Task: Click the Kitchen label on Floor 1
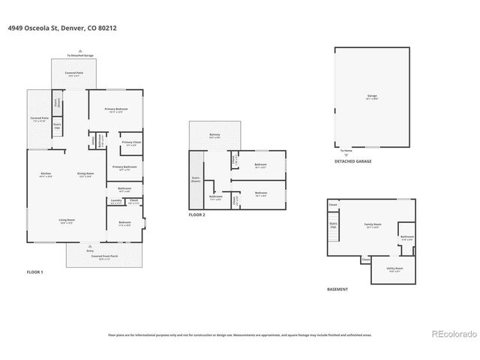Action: click(x=46, y=175)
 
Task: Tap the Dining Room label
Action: click(x=85, y=175)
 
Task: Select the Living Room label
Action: click(x=67, y=221)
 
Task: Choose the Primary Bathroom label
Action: click(x=124, y=167)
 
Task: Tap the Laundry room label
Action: click(x=115, y=201)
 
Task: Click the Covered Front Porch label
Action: click(x=104, y=257)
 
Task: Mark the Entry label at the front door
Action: click(x=90, y=251)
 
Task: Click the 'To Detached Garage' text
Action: click(x=79, y=55)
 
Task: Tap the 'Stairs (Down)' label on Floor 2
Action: click(x=196, y=180)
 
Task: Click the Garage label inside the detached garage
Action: click(x=371, y=97)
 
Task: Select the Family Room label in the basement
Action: click(x=370, y=226)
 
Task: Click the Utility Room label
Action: click(x=395, y=269)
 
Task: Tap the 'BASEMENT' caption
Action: click(x=337, y=289)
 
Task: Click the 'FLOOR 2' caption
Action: click(x=197, y=214)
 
